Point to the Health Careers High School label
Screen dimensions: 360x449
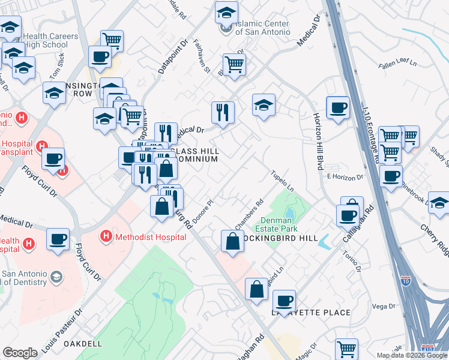pos(51,40)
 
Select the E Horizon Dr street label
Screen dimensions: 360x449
pos(345,177)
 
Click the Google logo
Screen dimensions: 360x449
pos(20,353)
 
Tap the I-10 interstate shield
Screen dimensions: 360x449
pos(405,279)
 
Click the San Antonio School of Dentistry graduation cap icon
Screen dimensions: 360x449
pos(56,277)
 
